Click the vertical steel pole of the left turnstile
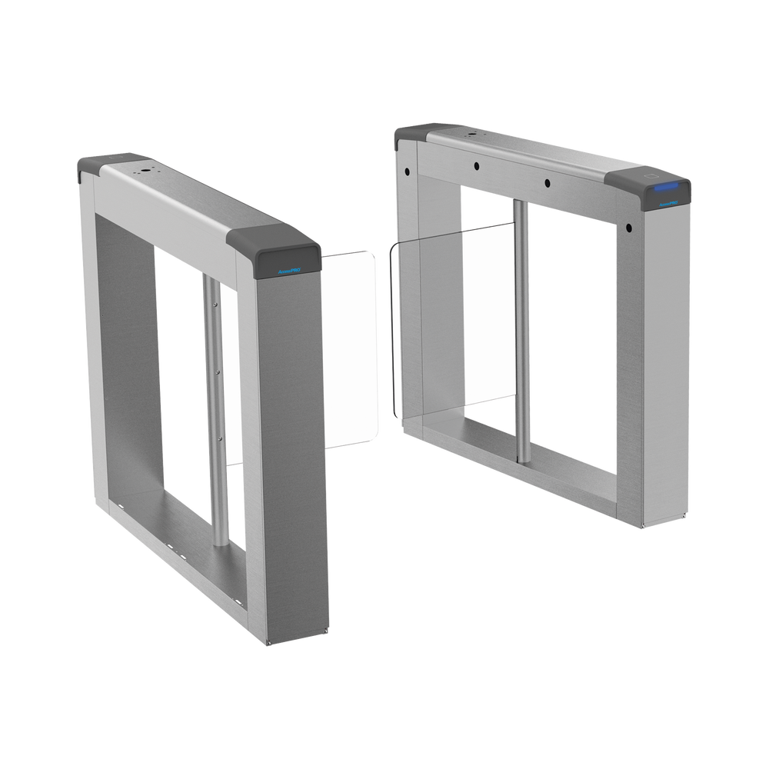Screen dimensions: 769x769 pos(216,408)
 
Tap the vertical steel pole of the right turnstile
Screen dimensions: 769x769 pos(521,331)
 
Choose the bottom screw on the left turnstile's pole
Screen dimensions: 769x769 pos(221,441)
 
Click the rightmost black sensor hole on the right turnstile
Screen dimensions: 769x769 pos(628,228)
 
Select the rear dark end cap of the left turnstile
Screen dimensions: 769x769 pos(96,165)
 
